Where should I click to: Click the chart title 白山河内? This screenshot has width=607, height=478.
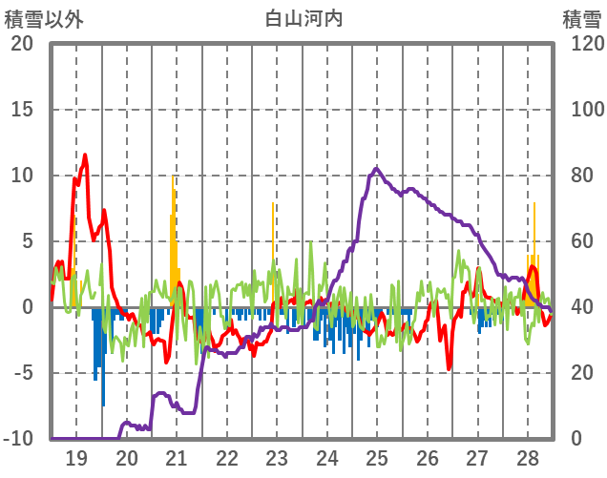(303, 18)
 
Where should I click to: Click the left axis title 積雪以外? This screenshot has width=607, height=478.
(44, 18)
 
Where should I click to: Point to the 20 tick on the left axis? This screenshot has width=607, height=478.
(21, 44)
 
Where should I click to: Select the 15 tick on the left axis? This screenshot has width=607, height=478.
(21, 110)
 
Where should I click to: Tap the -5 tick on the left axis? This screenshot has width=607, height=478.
(21, 373)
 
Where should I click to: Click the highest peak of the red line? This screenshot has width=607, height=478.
(85, 155)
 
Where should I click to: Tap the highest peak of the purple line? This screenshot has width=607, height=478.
(376, 169)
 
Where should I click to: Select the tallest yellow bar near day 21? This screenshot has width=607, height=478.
(173, 177)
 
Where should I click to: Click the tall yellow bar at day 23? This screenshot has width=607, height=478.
(273, 203)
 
